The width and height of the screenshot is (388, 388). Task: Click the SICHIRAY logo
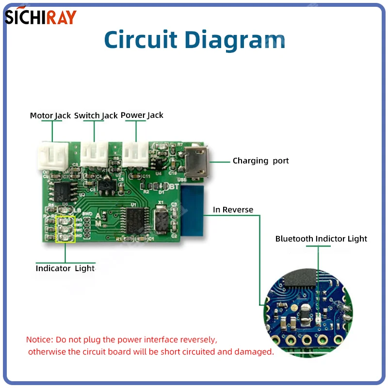tap(41, 16)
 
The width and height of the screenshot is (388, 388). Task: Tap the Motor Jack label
tap(50, 115)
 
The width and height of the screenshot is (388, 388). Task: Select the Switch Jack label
tap(96, 115)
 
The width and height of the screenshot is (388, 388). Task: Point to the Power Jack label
tap(142, 115)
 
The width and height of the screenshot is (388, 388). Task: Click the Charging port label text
tap(260, 161)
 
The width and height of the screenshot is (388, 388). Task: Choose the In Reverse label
tap(233, 210)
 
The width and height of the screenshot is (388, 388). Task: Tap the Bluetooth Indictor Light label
tap(321, 239)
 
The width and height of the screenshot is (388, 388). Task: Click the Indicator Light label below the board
tap(65, 268)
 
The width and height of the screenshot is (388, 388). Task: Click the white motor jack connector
tap(51, 156)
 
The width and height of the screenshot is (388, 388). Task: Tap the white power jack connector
tap(135, 155)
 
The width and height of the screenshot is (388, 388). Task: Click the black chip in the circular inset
tap(299, 276)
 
